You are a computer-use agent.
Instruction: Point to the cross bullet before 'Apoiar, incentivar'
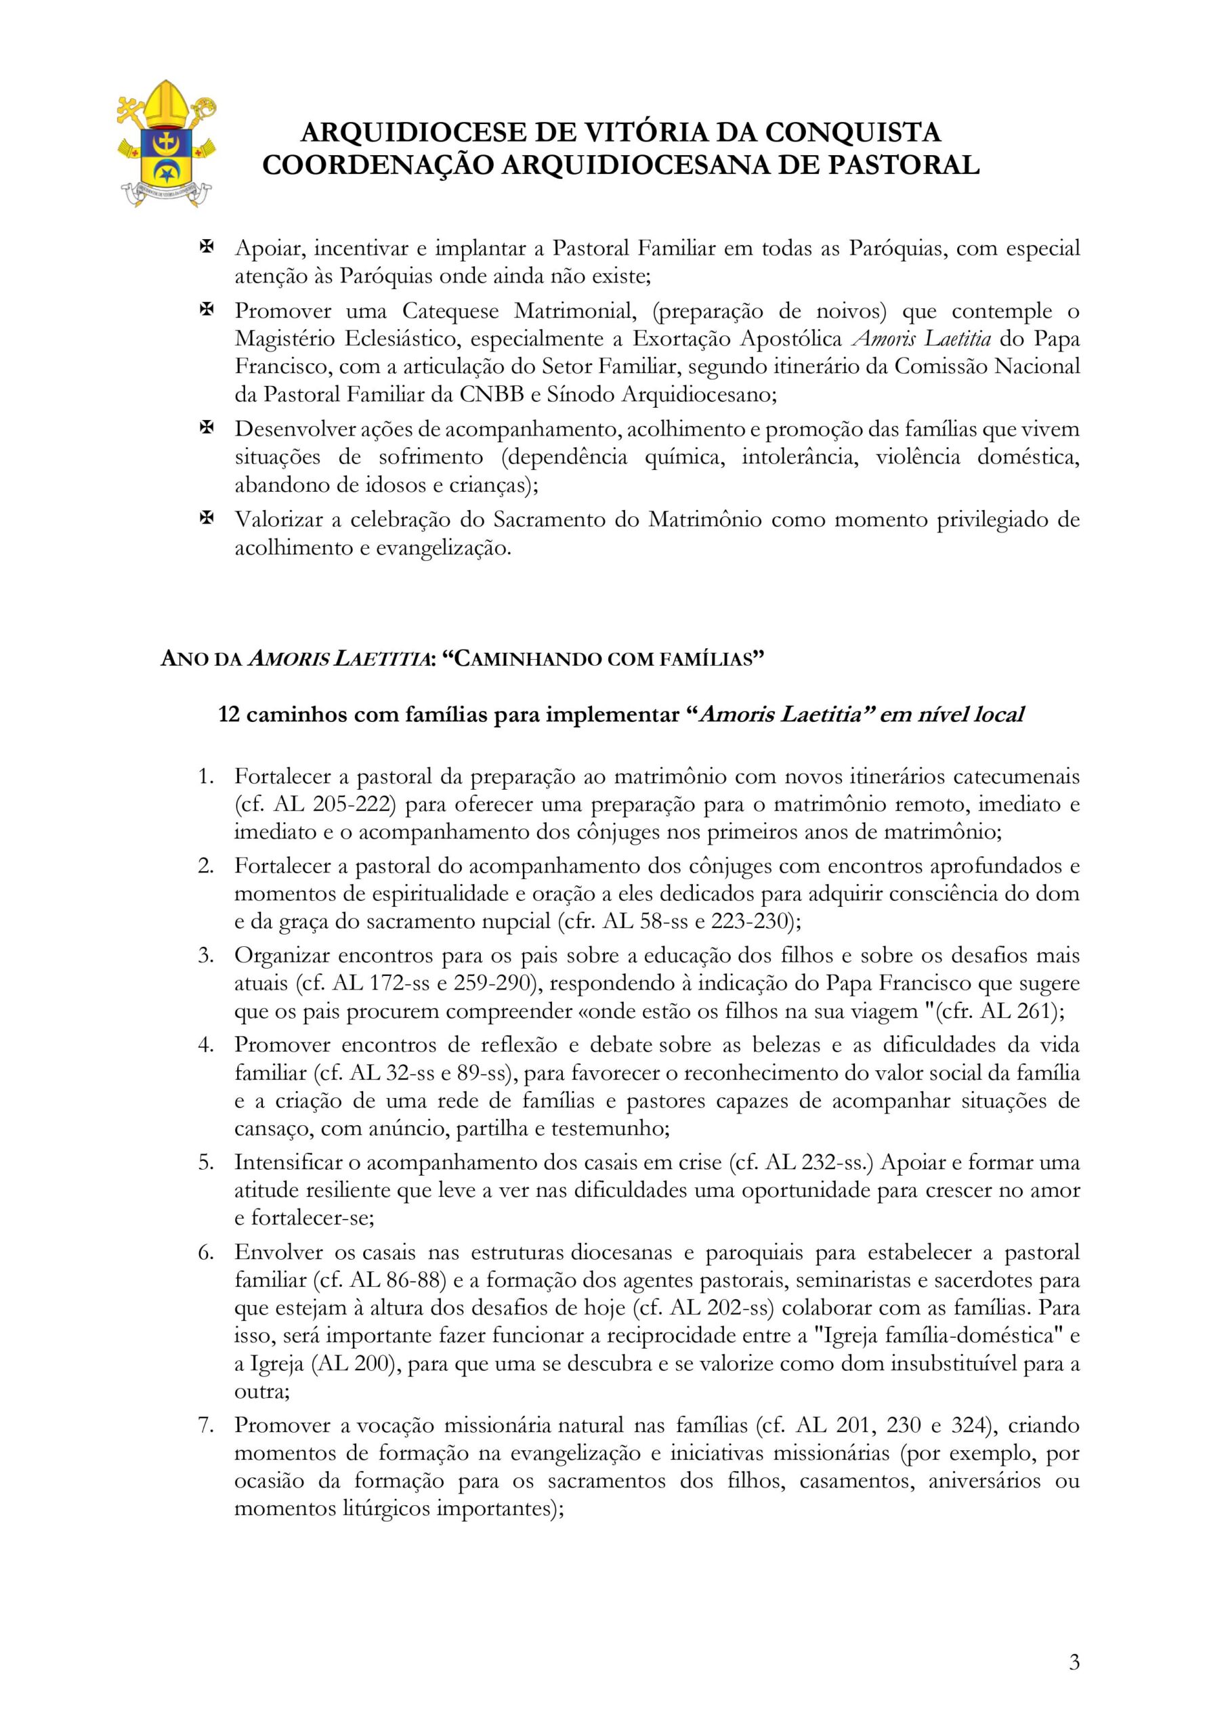pos(205,247)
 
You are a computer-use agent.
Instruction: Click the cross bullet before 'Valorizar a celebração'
pos(205,519)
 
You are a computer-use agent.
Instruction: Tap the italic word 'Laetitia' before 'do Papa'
pos(957,339)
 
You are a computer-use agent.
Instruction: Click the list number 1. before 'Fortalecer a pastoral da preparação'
pos(205,776)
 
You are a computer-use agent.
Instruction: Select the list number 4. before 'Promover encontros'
pos(205,1045)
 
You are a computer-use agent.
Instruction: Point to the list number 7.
pos(205,1425)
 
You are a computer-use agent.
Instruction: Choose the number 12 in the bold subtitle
pos(229,715)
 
